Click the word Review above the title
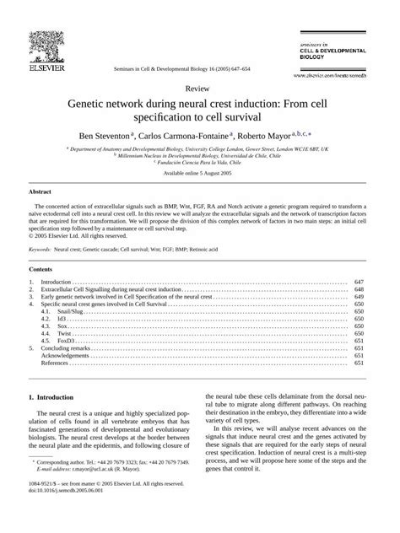pyautogui.click(x=199, y=87)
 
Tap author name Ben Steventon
pyautogui.click(x=116, y=133)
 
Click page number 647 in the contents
pyautogui.click(x=358, y=281)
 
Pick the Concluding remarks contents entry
pyautogui.click(x=68, y=348)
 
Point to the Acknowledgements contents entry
pyautogui.click(x=67, y=356)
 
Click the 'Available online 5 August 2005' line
pyautogui.click(x=199, y=173)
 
